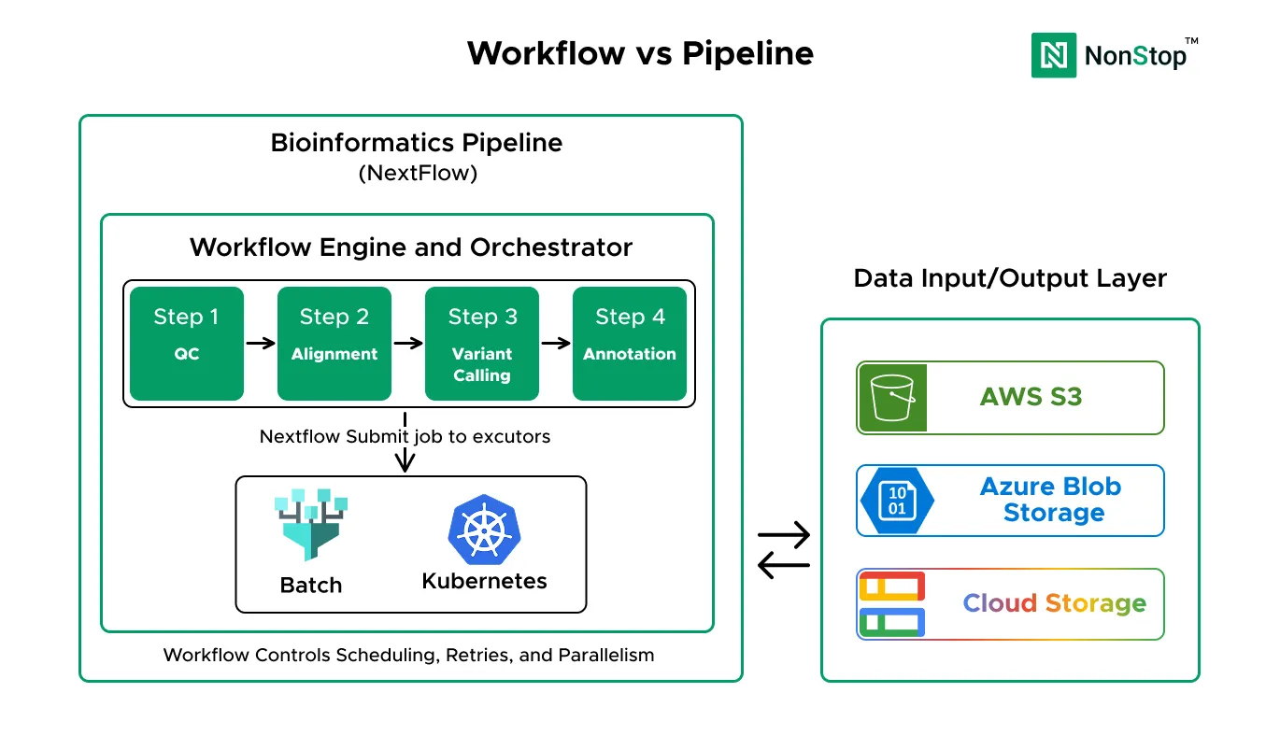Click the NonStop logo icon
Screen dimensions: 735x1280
tap(1054, 55)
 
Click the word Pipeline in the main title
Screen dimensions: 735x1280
tap(747, 53)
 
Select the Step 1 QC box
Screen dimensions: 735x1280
tap(186, 343)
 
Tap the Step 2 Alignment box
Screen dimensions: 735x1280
tap(334, 343)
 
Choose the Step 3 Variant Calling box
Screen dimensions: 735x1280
tap(482, 343)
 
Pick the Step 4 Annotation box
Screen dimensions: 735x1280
tap(630, 343)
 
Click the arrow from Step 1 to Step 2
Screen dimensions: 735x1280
tap(260, 343)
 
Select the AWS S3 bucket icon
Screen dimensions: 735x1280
tap(892, 398)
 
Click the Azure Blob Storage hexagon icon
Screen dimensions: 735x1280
tap(896, 501)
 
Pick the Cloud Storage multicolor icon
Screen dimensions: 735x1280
tap(891, 604)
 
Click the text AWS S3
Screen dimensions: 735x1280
tap(1031, 398)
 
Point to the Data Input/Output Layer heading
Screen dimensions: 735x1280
tap(1010, 278)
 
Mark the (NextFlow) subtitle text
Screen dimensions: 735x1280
tap(417, 174)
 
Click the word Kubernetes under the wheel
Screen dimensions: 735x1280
tap(484, 581)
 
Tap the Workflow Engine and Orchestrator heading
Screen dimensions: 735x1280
tap(411, 247)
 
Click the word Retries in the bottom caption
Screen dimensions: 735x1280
tap(477, 655)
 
